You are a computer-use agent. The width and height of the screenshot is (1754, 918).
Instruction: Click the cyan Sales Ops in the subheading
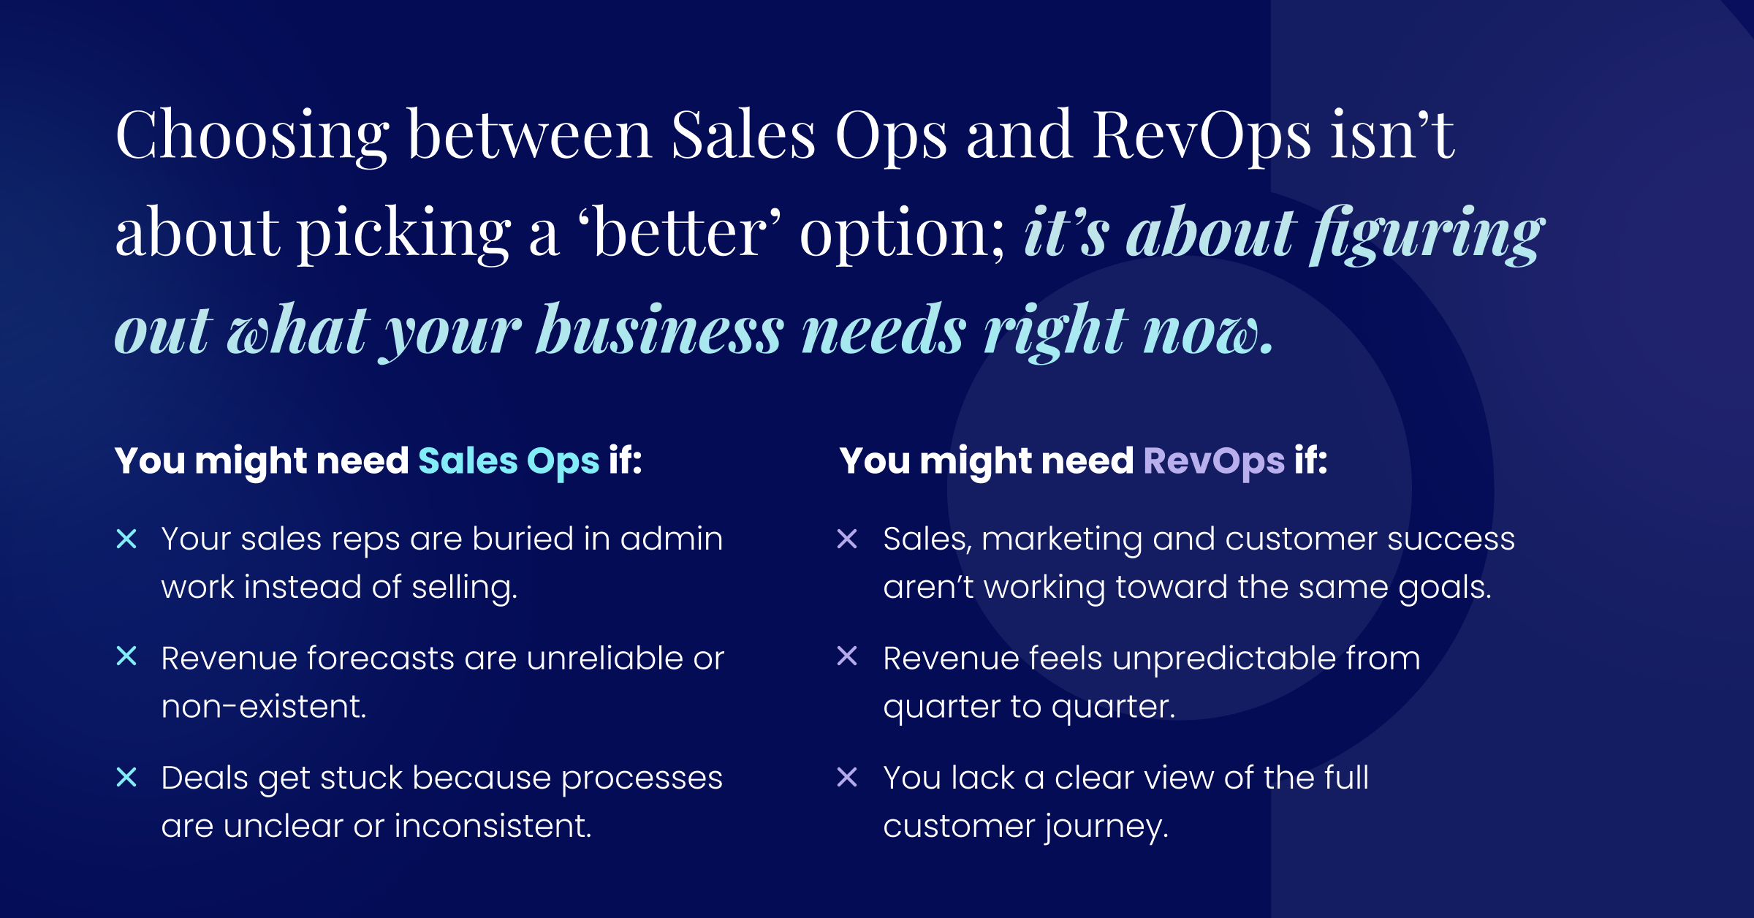pyautogui.click(x=509, y=461)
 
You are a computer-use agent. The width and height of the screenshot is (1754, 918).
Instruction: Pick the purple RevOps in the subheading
pyautogui.click(x=1214, y=461)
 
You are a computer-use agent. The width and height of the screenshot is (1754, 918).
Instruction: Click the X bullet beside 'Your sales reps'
pyautogui.click(x=126, y=539)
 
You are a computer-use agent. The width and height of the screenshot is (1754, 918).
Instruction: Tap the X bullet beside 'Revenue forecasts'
pyautogui.click(x=126, y=656)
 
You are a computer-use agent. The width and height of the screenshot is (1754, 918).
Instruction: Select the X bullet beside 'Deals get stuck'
pyautogui.click(x=126, y=777)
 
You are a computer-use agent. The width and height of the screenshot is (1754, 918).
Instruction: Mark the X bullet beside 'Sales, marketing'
pyautogui.click(x=847, y=539)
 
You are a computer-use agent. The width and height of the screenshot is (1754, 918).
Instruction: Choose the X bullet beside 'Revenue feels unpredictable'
pyautogui.click(x=847, y=656)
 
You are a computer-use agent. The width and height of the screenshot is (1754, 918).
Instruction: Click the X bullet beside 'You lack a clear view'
pyautogui.click(x=847, y=777)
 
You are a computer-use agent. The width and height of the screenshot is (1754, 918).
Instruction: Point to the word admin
pyautogui.click(x=672, y=539)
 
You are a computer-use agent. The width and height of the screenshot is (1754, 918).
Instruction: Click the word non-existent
pyautogui.click(x=263, y=707)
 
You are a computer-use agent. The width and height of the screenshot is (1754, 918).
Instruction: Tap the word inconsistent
pyautogui.click(x=493, y=826)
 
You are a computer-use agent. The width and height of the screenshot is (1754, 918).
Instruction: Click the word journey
pyautogui.click(x=1106, y=827)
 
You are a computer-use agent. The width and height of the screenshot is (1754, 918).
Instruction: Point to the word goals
pyautogui.click(x=1444, y=588)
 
